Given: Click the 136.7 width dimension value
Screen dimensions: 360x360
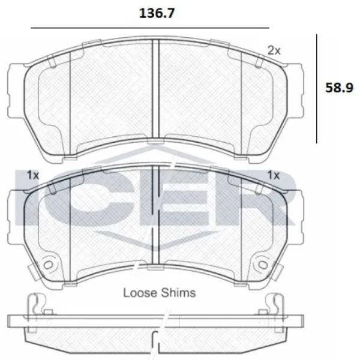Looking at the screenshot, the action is (x=157, y=13).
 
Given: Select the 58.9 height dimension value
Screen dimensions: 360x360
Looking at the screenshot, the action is (x=339, y=88).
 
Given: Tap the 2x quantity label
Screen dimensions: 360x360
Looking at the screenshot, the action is (x=274, y=50).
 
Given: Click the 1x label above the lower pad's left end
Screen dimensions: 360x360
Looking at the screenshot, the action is (x=33, y=175).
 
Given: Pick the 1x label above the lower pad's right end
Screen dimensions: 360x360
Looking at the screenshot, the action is (x=274, y=175).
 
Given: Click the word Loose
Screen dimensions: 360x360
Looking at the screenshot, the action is (x=140, y=293).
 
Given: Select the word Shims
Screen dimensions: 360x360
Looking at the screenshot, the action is (x=178, y=293).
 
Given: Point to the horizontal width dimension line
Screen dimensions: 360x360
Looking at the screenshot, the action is (x=150, y=28).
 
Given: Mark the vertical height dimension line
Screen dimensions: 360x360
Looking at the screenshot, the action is (x=317, y=89).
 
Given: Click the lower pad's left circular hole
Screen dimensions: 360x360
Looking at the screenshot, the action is (x=48, y=265).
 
